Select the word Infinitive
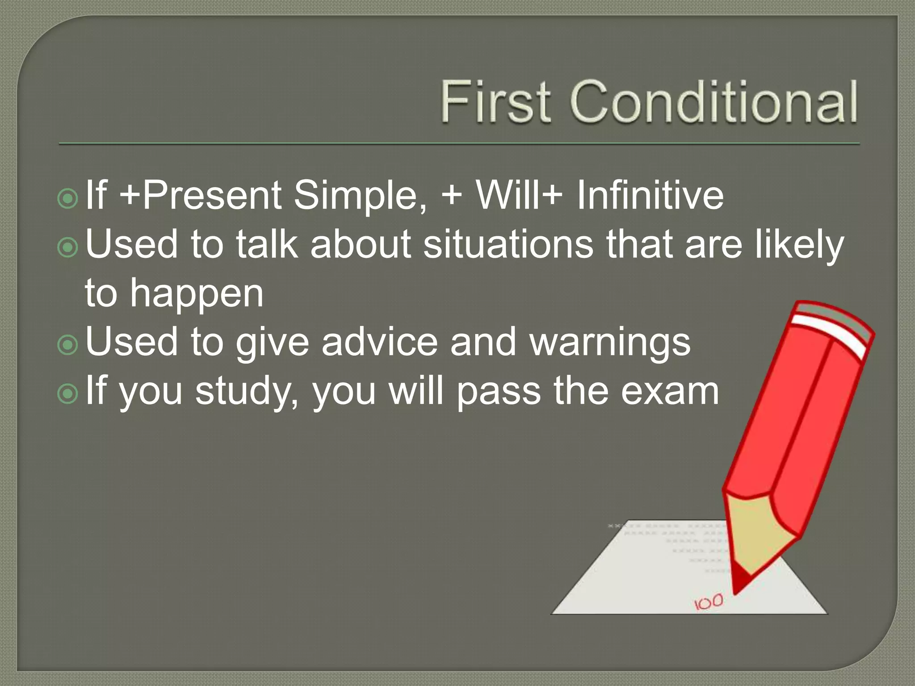click(650, 195)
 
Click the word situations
click(508, 244)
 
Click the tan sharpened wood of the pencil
click(755, 531)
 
